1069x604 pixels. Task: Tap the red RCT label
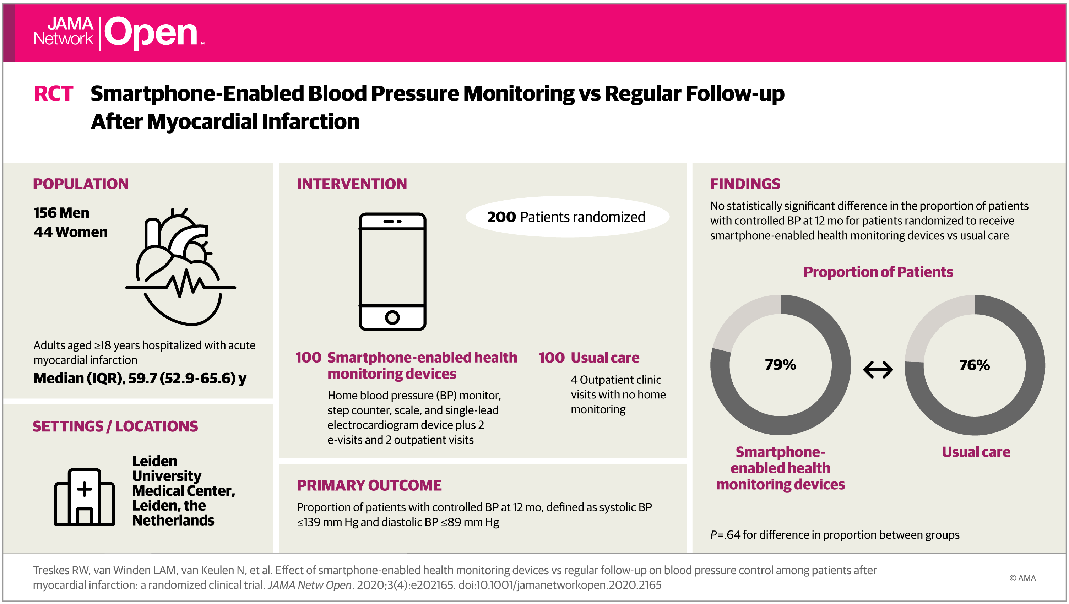[x=53, y=93]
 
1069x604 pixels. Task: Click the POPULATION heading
[x=81, y=184]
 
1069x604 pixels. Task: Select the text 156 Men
[x=61, y=213]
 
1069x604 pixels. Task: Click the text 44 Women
[x=71, y=232]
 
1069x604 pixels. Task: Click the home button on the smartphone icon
[x=392, y=318]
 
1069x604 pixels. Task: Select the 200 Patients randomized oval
[x=567, y=217]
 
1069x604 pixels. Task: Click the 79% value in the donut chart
[x=780, y=365]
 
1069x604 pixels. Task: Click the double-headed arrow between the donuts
[x=878, y=370]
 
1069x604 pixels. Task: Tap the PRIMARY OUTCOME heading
[x=369, y=485]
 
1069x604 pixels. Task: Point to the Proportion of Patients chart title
[x=878, y=272]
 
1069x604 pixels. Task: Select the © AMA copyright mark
[x=1022, y=578]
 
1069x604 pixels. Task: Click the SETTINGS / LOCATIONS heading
[x=115, y=426]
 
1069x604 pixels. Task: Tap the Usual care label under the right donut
[x=976, y=452]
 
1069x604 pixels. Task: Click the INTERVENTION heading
[x=352, y=184]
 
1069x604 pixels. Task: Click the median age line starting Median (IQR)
[x=140, y=378]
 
